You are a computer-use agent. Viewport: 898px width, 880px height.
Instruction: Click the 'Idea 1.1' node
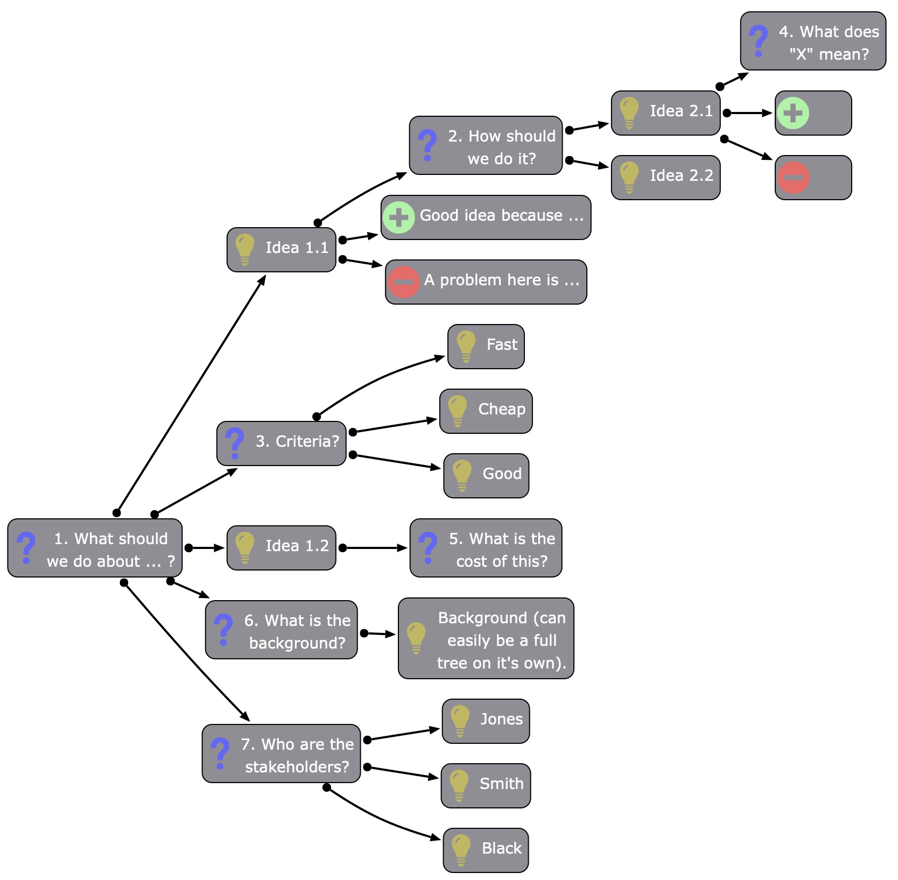[x=281, y=249]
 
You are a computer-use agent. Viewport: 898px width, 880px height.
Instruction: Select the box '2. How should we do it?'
[x=486, y=145]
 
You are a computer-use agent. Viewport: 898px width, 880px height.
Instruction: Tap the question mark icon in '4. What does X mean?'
[x=758, y=41]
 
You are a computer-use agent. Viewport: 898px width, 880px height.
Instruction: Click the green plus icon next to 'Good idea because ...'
[x=398, y=217]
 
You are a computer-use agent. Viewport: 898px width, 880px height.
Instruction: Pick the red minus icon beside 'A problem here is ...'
[x=403, y=281]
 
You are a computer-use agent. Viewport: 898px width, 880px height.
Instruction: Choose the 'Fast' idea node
[x=486, y=346]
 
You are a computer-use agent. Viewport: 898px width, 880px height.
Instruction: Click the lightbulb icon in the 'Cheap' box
[x=457, y=411]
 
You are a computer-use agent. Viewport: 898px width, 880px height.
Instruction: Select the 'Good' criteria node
[x=486, y=475]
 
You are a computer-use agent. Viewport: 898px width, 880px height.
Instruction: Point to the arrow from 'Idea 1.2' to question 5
[x=374, y=548]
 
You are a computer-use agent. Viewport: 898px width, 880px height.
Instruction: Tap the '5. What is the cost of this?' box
[x=486, y=548]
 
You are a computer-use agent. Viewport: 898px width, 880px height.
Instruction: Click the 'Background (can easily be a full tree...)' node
[x=486, y=638]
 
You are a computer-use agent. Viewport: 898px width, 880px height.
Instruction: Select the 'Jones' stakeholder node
[x=486, y=721]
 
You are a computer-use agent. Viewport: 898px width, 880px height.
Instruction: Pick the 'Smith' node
[x=486, y=785]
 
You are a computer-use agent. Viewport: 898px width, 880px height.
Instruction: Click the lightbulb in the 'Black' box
[x=461, y=849]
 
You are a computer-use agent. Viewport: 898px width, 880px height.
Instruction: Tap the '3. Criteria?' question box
[x=281, y=443]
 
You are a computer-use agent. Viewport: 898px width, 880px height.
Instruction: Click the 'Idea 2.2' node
[x=665, y=177]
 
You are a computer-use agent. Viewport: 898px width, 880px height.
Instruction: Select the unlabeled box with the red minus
[x=813, y=177]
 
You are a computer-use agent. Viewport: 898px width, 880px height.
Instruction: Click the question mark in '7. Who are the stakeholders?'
[x=220, y=753]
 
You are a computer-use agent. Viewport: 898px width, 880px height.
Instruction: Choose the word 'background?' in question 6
[x=297, y=643]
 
